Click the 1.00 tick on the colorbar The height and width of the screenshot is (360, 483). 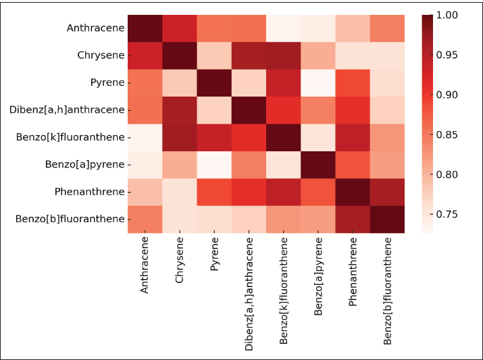(447, 15)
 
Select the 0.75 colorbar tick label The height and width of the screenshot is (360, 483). (447, 214)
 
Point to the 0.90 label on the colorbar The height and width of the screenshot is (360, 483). (447, 95)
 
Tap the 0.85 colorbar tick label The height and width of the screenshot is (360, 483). (447, 134)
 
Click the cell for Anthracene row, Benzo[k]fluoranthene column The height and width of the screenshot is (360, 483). (284, 28)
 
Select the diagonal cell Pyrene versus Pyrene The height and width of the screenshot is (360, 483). (214, 83)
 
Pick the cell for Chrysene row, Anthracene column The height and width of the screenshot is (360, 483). (145, 55)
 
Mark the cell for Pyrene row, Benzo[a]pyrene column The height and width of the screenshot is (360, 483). (318, 83)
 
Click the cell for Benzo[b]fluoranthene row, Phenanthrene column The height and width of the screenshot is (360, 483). (353, 219)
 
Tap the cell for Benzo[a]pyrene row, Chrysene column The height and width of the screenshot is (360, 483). (179, 164)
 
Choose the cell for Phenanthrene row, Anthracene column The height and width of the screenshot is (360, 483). (145, 192)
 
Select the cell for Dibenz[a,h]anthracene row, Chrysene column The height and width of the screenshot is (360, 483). (179, 110)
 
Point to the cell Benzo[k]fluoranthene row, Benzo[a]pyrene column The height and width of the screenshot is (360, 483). (318, 137)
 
